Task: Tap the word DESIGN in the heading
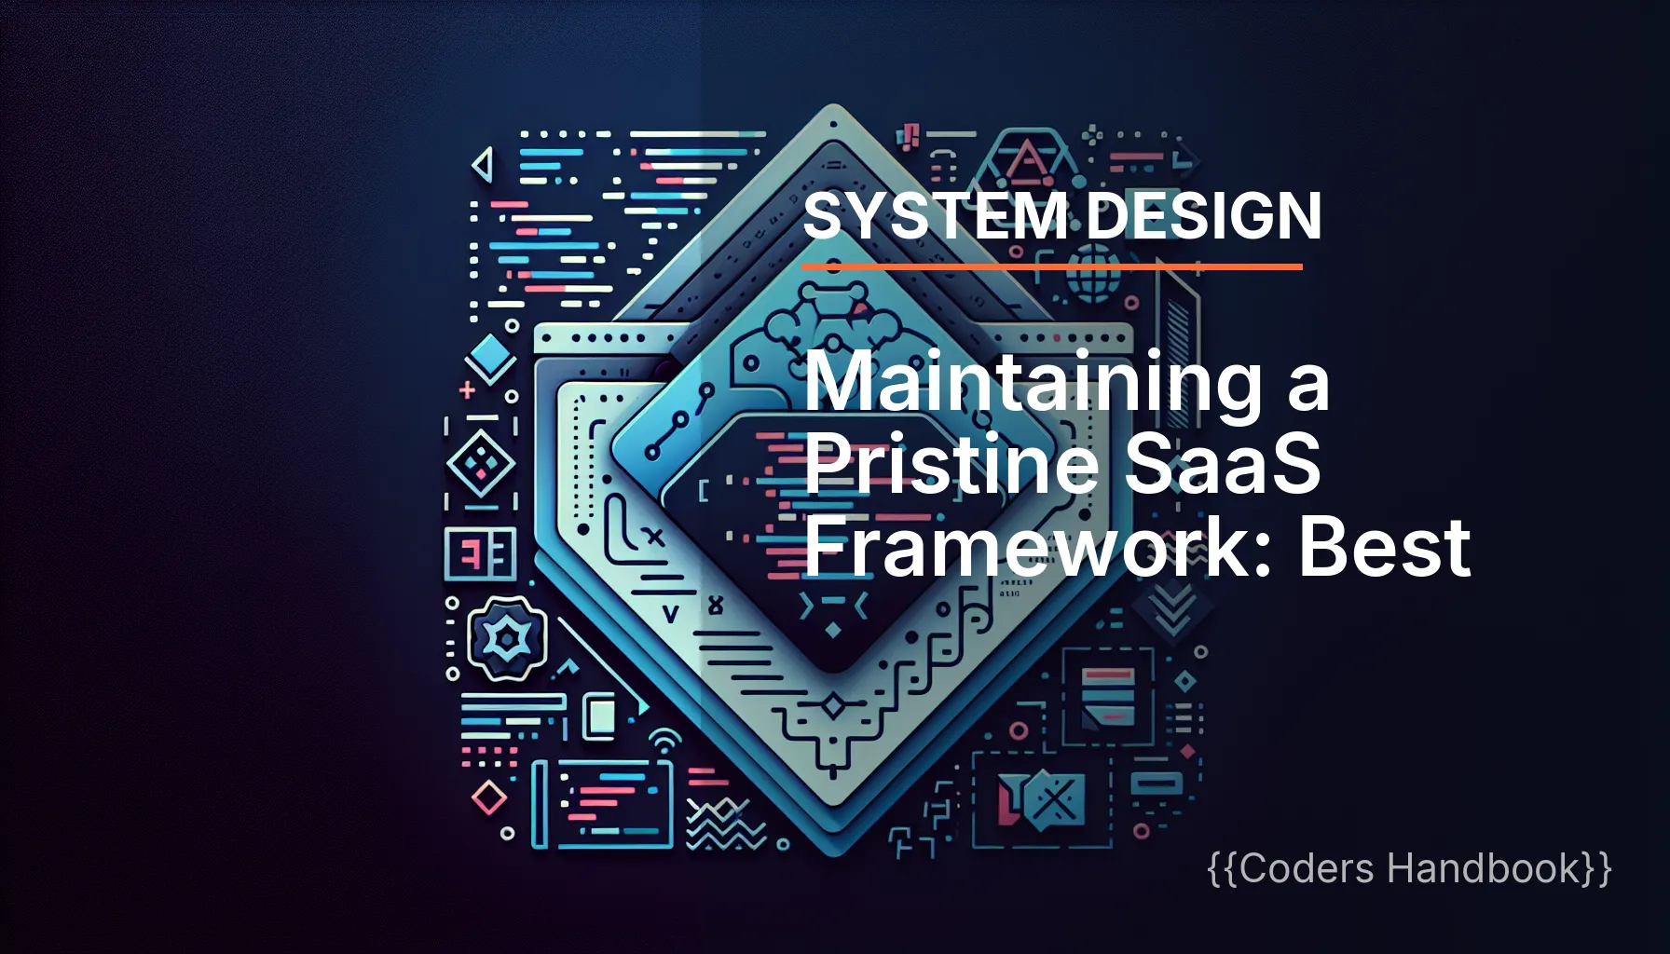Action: (x=1204, y=216)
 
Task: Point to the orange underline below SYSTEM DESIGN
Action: (x=1051, y=267)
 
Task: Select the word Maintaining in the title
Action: (x=1033, y=382)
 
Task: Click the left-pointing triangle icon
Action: (x=483, y=166)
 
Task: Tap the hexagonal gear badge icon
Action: (x=507, y=639)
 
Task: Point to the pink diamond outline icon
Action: (x=489, y=797)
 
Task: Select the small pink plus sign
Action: (x=468, y=389)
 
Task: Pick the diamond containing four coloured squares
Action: (x=481, y=462)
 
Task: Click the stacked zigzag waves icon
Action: (x=725, y=825)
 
